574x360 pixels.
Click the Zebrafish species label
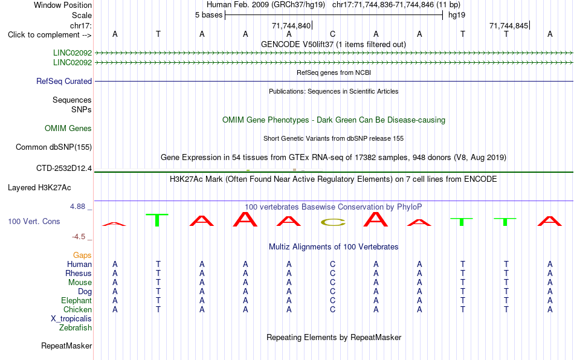(76, 328)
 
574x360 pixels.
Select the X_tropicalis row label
(71, 319)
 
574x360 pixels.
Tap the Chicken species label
(77, 309)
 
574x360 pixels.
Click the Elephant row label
(77, 300)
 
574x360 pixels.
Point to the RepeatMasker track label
(66, 346)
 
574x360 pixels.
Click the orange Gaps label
(82, 256)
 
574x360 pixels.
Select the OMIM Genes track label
(68, 129)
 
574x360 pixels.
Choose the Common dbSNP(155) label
(54, 147)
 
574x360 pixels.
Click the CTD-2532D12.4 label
(64, 169)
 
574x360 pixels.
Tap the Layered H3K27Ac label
(39, 188)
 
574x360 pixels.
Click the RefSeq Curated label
(64, 81)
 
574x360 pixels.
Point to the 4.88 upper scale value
(77, 207)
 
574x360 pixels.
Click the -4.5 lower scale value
(79, 237)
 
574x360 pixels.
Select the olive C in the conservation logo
(333, 222)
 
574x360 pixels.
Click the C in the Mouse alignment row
(332, 283)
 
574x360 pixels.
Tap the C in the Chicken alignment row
(332, 309)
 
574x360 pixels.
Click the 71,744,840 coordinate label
(291, 25)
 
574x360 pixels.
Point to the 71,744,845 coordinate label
(509, 25)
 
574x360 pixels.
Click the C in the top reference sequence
(332, 34)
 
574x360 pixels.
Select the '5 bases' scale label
(208, 15)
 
